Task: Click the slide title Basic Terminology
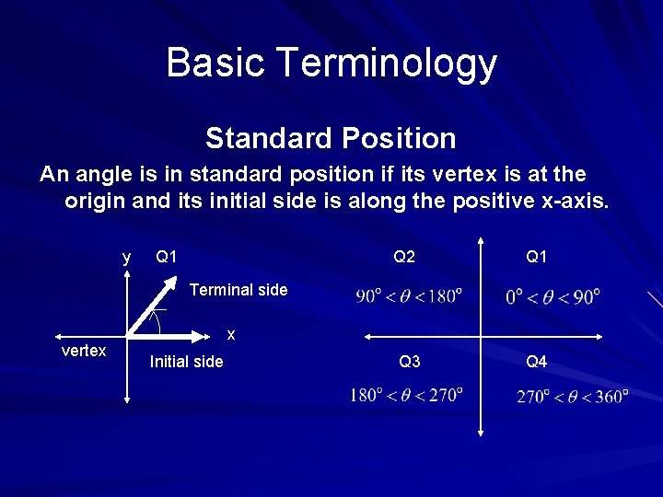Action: tap(331, 63)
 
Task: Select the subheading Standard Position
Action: tap(331, 139)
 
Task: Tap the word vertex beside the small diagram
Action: tap(83, 351)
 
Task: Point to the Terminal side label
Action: tap(238, 290)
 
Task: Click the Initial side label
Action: tap(186, 362)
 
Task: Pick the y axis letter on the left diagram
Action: tap(127, 257)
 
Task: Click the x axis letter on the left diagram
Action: tap(231, 334)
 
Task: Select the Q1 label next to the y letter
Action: tap(167, 257)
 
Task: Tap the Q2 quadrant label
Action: tap(404, 257)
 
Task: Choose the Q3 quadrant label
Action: tap(410, 362)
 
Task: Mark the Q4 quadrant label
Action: tap(536, 362)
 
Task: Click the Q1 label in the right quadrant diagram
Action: tap(536, 257)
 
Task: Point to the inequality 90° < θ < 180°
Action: tap(409, 296)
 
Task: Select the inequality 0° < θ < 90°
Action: tap(552, 296)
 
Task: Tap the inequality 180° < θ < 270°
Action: tap(405, 395)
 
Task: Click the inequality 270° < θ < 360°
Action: tap(573, 397)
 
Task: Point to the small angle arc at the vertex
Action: tap(157, 321)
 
